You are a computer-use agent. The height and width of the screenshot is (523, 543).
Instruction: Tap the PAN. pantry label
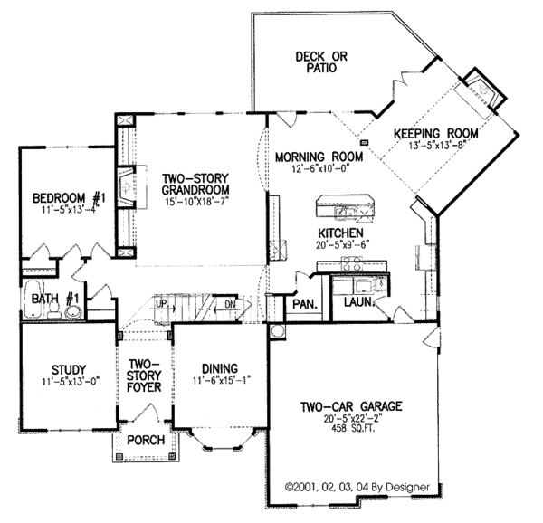303,304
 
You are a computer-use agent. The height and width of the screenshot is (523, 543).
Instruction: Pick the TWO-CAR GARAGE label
352,404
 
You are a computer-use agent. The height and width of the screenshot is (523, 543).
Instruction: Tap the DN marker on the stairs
230,305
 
